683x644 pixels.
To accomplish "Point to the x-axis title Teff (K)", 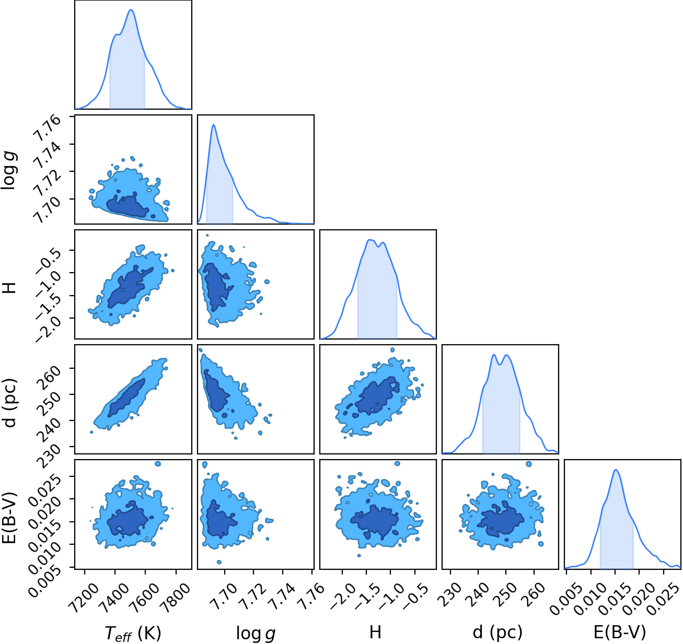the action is point(133,633).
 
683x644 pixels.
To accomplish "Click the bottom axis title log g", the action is point(256,633).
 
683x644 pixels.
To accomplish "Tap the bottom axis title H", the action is point(375,632).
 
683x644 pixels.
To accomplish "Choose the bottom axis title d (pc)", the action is point(497,633).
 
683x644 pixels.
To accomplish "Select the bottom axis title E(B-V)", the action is point(620,632).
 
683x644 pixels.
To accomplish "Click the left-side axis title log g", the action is point(9,170).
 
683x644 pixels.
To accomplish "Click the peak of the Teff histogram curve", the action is point(131,9).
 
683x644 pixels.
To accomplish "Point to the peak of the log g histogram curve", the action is point(214,124).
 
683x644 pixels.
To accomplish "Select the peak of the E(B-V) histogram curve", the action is point(616,470).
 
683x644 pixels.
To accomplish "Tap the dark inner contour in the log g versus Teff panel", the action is point(128,206).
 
